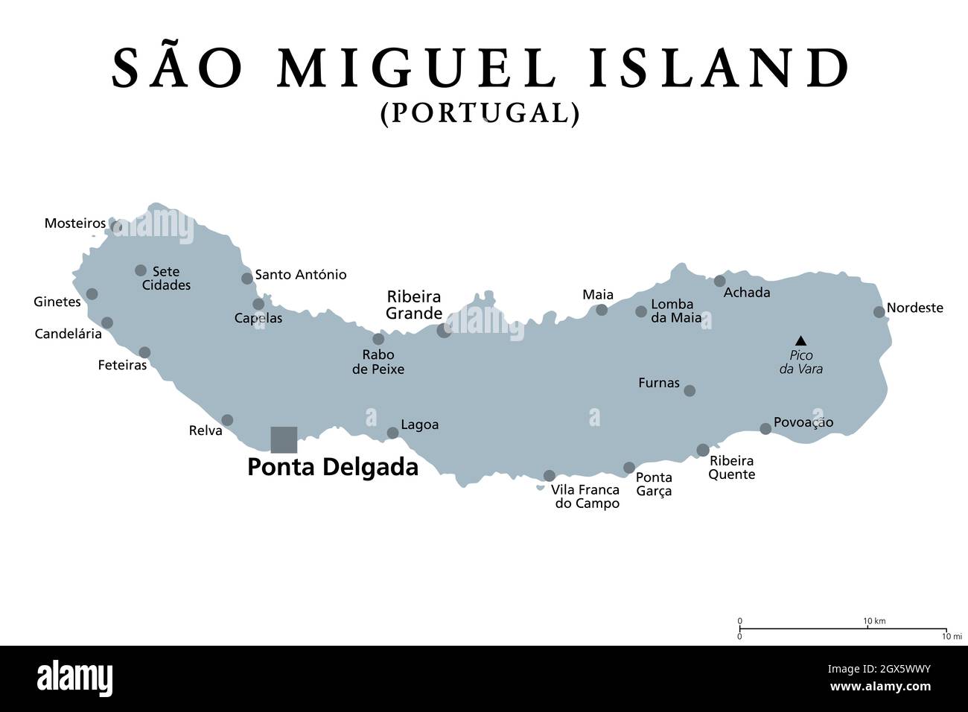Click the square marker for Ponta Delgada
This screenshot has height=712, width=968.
click(284, 439)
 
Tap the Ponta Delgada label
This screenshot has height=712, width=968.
click(332, 467)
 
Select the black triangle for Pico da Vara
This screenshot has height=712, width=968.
click(800, 340)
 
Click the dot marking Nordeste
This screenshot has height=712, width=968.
click(879, 312)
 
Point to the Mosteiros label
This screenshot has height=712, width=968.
click(74, 223)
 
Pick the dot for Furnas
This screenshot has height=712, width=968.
click(690, 390)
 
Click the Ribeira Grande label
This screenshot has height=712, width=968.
click(414, 305)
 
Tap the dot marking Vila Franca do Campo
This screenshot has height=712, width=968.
click(550, 475)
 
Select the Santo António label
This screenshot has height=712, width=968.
click(301, 275)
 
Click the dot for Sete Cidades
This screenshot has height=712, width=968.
click(141, 270)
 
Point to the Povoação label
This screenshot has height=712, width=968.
click(803, 422)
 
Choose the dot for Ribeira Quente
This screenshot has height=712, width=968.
click(703, 450)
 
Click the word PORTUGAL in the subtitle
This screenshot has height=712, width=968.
click(480, 112)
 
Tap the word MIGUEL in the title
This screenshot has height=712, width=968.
click(417, 68)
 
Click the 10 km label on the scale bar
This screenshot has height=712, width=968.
click(874, 621)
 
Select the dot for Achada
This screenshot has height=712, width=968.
click(719, 281)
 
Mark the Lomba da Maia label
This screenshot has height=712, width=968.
click(676, 311)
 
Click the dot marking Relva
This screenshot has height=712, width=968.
click(227, 420)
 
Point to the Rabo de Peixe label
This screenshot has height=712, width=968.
click(378, 361)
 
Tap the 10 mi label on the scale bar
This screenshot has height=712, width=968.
click(952, 636)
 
